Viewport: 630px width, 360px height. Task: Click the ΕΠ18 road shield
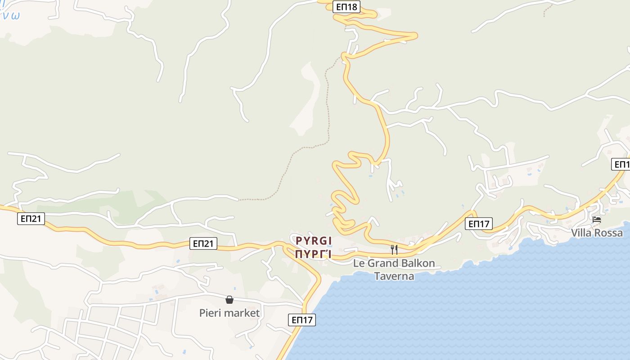pos(346,7)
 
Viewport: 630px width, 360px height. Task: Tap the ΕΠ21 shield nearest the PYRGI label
pos(203,243)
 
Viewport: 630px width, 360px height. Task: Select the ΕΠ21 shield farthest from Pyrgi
pos(31,219)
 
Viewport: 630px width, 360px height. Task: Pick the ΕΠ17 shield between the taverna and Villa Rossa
pos(479,224)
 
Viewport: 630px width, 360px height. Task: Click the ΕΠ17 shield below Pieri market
pos(301,320)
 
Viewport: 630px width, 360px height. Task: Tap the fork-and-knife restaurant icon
pos(394,249)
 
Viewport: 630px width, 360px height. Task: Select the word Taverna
pos(394,276)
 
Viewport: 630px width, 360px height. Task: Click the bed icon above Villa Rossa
pos(597,220)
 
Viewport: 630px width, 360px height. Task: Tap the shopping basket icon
pos(229,299)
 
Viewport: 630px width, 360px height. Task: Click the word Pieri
pos(211,313)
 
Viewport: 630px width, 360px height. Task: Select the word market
pos(243,313)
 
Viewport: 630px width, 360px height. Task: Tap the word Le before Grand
pos(359,263)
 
